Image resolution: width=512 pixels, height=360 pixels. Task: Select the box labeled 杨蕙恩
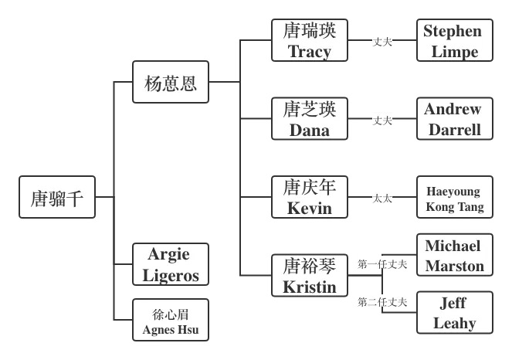point(170,82)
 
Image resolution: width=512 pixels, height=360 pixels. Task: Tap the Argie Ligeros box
point(170,264)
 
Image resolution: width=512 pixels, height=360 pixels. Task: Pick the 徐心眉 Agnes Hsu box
point(170,320)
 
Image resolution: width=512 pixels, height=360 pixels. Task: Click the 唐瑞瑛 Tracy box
point(310,41)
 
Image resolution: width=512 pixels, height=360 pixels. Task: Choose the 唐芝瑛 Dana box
point(310,118)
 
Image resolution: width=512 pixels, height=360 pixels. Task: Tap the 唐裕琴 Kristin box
point(310,276)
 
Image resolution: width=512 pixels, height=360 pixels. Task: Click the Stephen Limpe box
point(453,41)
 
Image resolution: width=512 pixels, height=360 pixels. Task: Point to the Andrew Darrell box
point(453,118)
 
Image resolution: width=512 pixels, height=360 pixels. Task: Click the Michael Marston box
point(453,256)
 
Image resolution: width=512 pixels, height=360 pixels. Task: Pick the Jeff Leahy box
point(453,312)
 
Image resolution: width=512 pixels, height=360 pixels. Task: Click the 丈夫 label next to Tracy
point(382,42)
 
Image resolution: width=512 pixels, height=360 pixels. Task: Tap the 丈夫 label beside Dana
point(382,121)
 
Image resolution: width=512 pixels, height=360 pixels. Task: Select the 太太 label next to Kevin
point(382,199)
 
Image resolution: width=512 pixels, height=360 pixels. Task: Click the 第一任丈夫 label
point(382,264)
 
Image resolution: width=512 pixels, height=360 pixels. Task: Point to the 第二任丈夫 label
point(382,302)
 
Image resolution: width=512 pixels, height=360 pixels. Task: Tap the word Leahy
point(453,323)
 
